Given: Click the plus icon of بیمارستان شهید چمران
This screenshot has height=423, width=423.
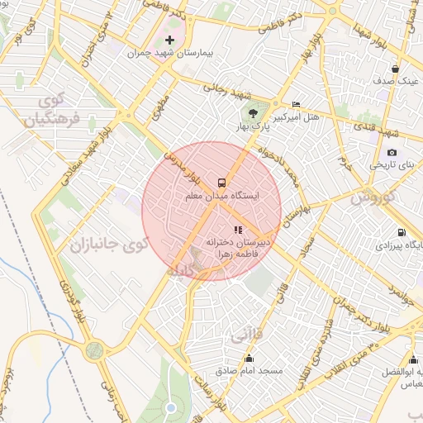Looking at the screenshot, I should coord(170,40).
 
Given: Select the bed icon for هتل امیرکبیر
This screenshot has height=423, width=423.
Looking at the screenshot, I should coord(297,104).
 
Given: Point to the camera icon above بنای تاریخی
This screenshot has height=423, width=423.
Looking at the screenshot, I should coord(392,152).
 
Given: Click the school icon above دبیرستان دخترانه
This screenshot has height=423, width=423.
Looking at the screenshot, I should coord(238,230).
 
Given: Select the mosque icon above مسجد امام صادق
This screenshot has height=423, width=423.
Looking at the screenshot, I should coord(250,358).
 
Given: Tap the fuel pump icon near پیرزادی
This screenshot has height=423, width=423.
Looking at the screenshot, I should coord(402,232).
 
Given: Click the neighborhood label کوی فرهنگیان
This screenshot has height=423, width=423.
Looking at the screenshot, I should coord(50,111).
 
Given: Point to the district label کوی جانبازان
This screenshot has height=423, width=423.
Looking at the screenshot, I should coord(108,245).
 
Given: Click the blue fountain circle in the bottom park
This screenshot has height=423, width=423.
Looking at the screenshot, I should coord(170,407).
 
